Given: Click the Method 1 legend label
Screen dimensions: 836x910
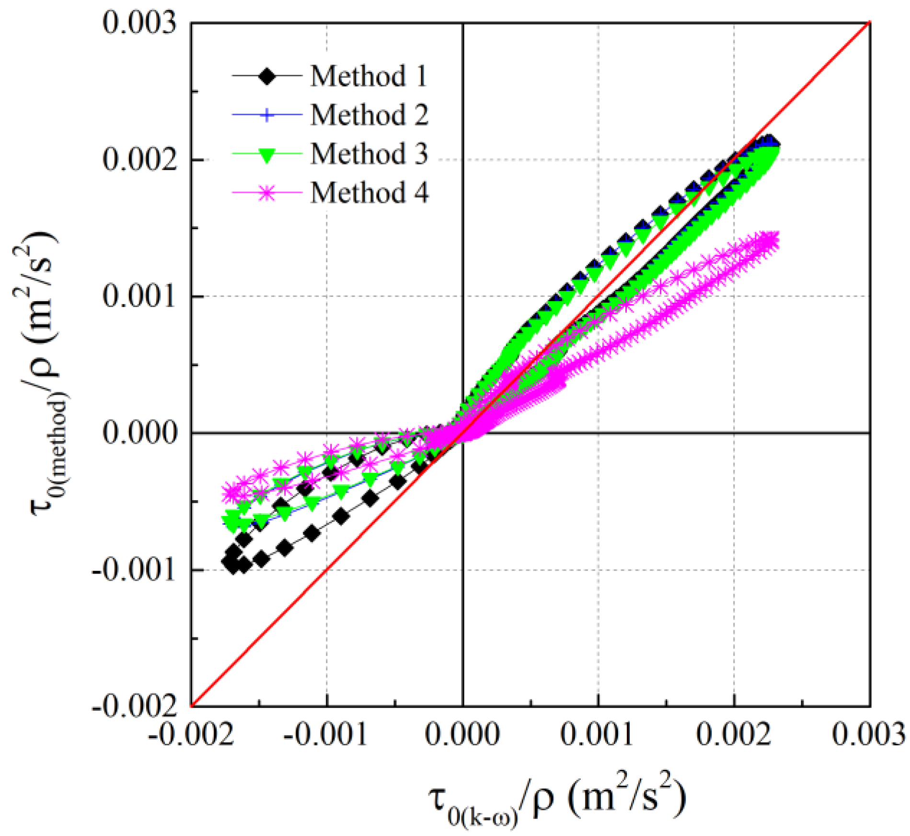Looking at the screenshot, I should click(368, 77).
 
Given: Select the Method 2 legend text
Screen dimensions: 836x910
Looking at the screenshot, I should click(369, 116).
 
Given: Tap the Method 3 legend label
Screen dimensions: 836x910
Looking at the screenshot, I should click(369, 154).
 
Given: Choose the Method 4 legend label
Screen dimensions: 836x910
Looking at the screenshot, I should click(369, 193).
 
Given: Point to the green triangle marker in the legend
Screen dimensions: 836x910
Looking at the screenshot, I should click(267, 155).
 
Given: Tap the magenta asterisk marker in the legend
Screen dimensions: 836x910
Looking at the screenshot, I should click(267, 193).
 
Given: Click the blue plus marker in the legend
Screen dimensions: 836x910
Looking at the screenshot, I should click(267, 115).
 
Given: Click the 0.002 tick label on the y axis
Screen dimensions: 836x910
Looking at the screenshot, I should click(139, 160).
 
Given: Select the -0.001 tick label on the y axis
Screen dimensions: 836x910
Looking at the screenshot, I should click(134, 571).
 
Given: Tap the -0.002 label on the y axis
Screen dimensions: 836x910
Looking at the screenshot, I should click(134, 706).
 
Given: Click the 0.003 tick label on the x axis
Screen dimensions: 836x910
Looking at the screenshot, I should click(868, 734).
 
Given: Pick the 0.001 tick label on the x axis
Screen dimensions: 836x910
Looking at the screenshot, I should click(598, 734).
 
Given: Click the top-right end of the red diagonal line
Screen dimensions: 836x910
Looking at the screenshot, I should click(869, 23).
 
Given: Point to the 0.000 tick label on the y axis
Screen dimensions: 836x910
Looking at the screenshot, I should click(139, 434).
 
